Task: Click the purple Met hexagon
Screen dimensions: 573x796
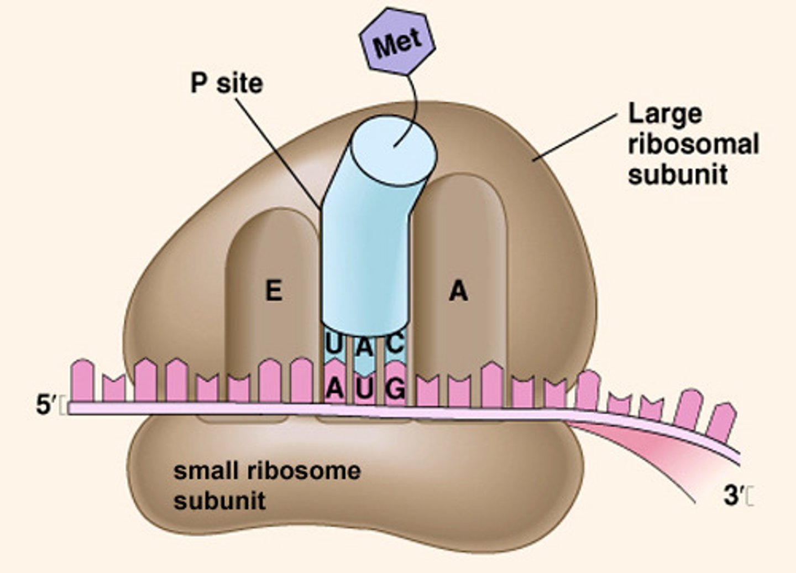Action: click(x=397, y=41)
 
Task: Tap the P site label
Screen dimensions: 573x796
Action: click(x=227, y=84)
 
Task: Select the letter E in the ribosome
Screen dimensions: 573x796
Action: click(x=274, y=290)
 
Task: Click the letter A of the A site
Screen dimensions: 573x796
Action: click(x=458, y=290)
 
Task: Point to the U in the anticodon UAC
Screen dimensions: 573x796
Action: click(x=333, y=345)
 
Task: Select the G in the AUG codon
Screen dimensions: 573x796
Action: click(x=396, y=389)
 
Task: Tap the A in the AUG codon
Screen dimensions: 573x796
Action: click(x=334, y=389)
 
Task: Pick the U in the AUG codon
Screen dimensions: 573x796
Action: click(x=365, y=389)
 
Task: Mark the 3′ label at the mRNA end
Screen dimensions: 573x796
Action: click(x=732, y=496)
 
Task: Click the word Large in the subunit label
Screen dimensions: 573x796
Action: click(x=665, y=114)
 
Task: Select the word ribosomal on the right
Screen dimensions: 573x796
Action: click(x=694, y=145)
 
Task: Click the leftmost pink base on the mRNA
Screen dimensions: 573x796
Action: click(x=82, y=380)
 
